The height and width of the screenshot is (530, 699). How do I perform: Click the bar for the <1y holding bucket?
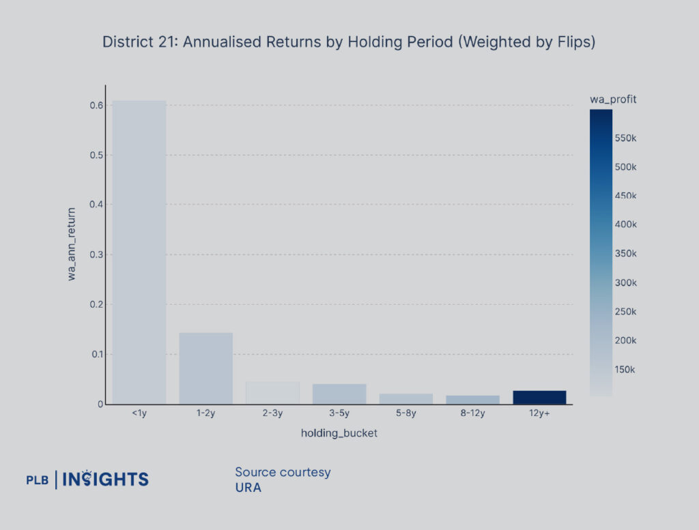139,252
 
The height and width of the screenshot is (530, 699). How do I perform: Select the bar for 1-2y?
205,368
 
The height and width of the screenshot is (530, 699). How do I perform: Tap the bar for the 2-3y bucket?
272,393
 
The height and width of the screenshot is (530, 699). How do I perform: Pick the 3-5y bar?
339,394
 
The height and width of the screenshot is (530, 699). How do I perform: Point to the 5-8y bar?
406,398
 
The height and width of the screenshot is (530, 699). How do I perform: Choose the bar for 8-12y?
473,400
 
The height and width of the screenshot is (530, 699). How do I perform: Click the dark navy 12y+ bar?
539,397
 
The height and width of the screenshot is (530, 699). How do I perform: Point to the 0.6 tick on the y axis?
96,105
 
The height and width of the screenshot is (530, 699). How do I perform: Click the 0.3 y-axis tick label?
96,254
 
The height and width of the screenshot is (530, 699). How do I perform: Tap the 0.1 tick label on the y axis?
96,354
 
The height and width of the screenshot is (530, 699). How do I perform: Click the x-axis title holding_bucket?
339,434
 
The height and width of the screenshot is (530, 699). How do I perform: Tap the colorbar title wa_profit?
613,100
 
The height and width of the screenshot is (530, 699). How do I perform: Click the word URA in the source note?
248,488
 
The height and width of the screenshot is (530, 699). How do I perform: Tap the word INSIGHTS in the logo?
106,479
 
